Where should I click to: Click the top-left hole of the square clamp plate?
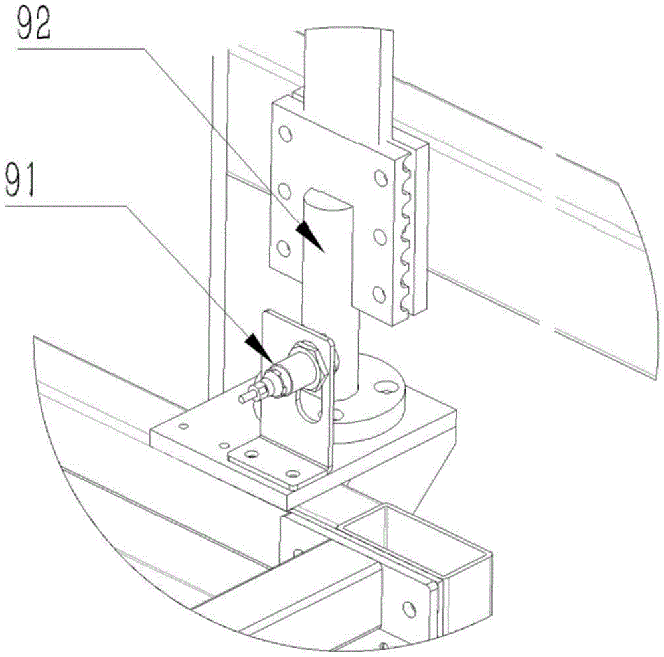[x=286, y=134]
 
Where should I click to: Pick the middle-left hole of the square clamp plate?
[x=286, y=191]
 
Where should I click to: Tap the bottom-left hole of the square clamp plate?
[x=284, y=248]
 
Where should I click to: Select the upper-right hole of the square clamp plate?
[x=380, y=177]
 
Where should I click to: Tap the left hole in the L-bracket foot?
[x=252, y=454]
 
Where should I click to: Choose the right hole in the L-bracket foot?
[x=292, y=473]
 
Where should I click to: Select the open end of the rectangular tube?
[x=416, y=539]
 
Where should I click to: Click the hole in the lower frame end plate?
[x=408, y=609]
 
